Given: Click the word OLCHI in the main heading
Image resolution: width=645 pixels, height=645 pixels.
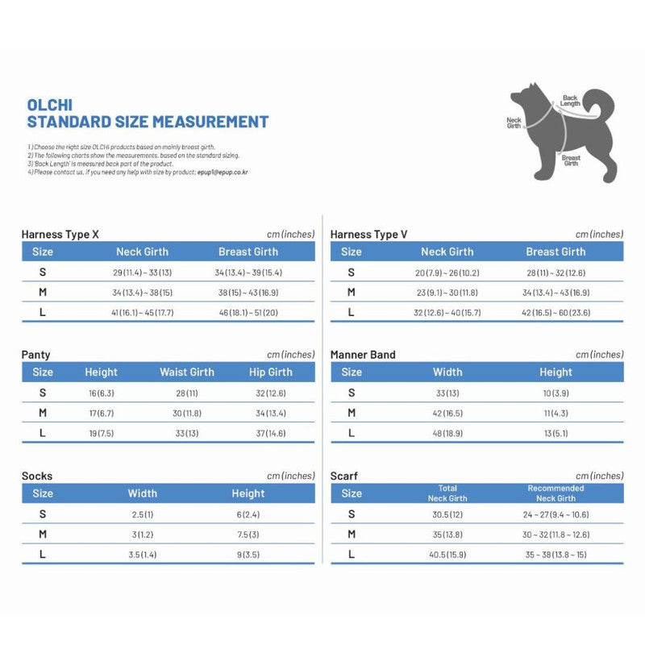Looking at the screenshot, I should [52, 105].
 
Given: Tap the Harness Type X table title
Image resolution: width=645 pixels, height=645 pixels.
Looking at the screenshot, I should [60, 234].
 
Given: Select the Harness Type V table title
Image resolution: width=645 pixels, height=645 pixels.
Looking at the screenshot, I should [368, 234].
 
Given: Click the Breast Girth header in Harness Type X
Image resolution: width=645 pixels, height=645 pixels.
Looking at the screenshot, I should [248, 252].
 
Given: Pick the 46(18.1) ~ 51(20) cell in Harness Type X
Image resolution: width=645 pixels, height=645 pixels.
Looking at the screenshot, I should [248, 312].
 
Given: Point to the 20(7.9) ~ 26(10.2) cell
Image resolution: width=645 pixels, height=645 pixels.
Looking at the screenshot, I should [447, 273].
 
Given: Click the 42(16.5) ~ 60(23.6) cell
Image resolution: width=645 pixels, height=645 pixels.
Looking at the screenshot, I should [556, 312].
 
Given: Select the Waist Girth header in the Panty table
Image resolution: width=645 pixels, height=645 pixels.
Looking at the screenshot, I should [187, 372].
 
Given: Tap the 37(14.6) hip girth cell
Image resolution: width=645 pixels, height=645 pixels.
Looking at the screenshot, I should [270, 434].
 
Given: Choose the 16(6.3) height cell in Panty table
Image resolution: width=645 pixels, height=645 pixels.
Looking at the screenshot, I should [101, 393].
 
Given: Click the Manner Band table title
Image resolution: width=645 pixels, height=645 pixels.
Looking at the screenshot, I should [363, 355].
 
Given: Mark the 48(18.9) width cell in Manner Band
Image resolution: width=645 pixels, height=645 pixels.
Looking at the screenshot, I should [447, 434].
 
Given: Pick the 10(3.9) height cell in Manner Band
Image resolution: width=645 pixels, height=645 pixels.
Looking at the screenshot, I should [556, 393].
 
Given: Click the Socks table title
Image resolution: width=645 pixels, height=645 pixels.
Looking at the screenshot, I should [37, 476].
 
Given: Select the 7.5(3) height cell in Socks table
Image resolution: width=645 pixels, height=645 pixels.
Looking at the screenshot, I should [248, 535].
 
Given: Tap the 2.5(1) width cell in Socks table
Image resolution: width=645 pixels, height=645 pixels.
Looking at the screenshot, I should [142, 514].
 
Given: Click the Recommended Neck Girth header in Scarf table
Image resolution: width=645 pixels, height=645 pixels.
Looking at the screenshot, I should [556, 493].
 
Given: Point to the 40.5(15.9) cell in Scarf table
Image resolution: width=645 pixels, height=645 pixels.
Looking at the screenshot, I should [447, 555].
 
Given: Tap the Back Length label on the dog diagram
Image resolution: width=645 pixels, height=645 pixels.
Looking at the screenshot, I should [570, 101].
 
